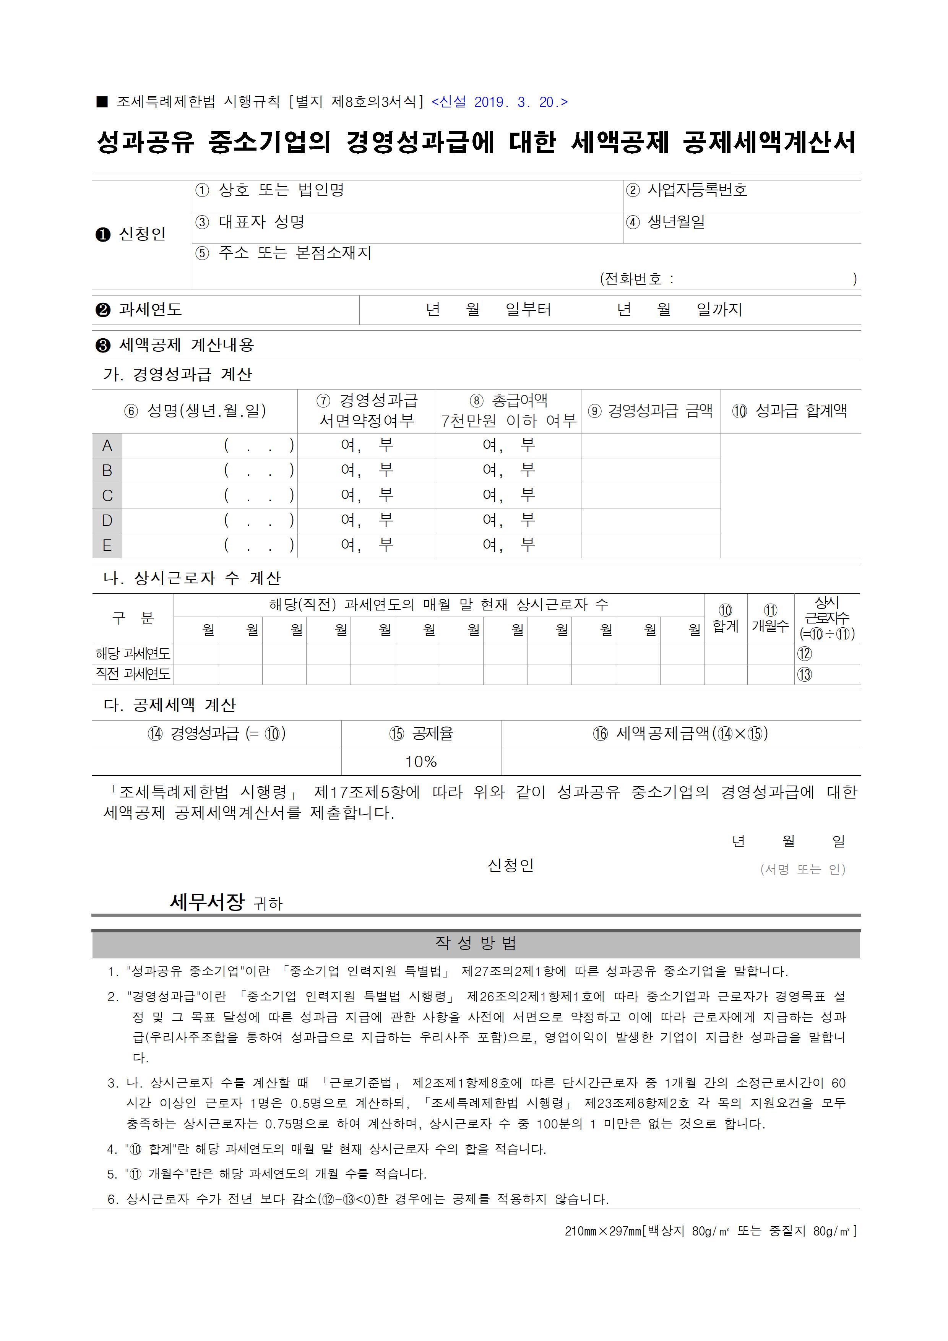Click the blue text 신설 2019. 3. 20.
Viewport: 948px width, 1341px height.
point(499,102)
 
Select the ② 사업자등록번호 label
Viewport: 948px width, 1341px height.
point(686,190)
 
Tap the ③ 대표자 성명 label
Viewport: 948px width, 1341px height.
point(249,222)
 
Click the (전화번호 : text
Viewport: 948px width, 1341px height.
point(637,279)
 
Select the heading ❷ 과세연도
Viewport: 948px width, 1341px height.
point(139,310)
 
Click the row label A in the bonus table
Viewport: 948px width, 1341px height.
point(107,446)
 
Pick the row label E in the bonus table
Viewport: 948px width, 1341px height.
point(107,545)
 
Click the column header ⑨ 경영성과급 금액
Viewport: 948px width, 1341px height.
point(650,411)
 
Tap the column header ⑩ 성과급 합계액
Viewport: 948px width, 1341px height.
point(790,411)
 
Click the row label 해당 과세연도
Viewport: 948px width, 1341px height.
point(133,654)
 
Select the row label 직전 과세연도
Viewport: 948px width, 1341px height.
point(133,674)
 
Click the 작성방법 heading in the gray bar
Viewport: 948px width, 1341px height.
point(476,943)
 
